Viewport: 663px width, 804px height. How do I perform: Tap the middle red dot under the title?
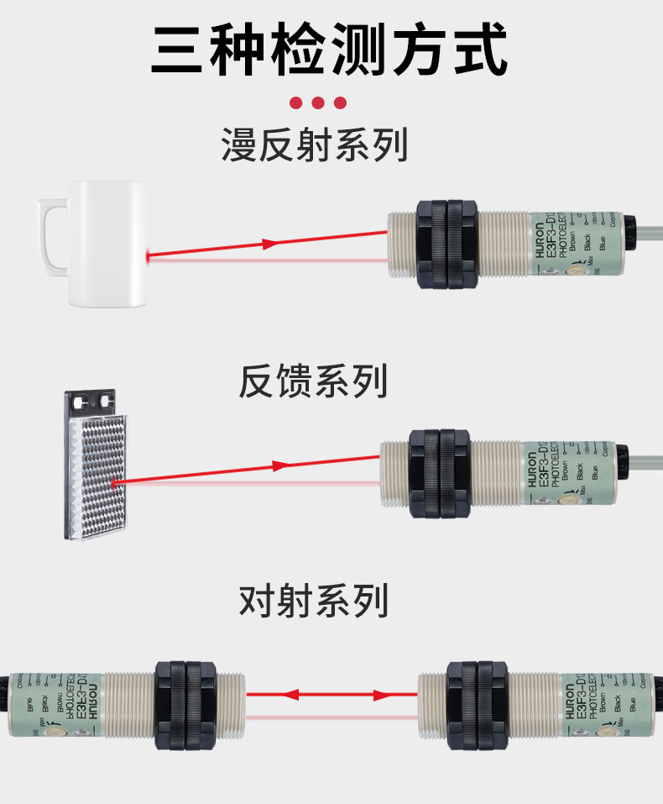tap(318, 103)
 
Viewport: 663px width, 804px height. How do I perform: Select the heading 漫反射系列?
tap(315, 145)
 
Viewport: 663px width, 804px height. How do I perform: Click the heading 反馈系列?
tap(313, 381)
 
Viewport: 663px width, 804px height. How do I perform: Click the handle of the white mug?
tap(50, 236)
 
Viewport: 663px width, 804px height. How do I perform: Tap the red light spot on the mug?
tap(148, 254)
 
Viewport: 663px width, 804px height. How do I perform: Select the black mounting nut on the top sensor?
tap(446, 244)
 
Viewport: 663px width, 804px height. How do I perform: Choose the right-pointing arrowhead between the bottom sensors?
tap(379, 695)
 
